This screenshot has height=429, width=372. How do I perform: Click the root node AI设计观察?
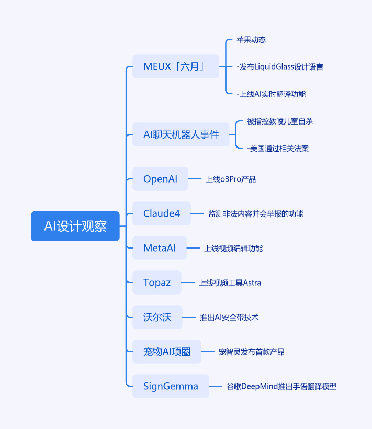(75, 226)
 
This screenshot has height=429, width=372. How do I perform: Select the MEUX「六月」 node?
(176, 66)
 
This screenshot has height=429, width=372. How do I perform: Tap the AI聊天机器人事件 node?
(181, 134)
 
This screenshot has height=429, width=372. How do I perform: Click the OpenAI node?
(160, 179)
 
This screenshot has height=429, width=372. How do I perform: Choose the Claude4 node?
(162, 213)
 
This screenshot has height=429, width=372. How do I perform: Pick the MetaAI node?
(160, 248)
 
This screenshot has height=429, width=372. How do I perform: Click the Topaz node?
(157, 283)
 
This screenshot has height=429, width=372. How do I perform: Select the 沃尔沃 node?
(157, 317)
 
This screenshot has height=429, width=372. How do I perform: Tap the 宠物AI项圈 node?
(167, 352)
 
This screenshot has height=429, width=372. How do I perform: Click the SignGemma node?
(171, 386)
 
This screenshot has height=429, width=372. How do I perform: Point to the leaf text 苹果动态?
(251, 40)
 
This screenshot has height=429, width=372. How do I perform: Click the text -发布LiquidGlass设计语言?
(280, 67)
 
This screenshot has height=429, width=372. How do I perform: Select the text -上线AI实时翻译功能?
(271, 94)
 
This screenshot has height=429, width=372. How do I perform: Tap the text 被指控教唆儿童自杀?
(280, 121)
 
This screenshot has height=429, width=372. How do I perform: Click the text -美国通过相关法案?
(278, 149)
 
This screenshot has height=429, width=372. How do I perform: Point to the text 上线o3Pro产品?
(231, 179)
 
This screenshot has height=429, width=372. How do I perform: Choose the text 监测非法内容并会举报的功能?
(256, 213)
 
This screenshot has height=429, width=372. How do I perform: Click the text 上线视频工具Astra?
(230, 283)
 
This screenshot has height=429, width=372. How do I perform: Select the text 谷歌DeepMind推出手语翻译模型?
(281, 386)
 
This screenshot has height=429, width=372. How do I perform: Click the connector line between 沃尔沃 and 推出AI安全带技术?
(189, 317)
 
